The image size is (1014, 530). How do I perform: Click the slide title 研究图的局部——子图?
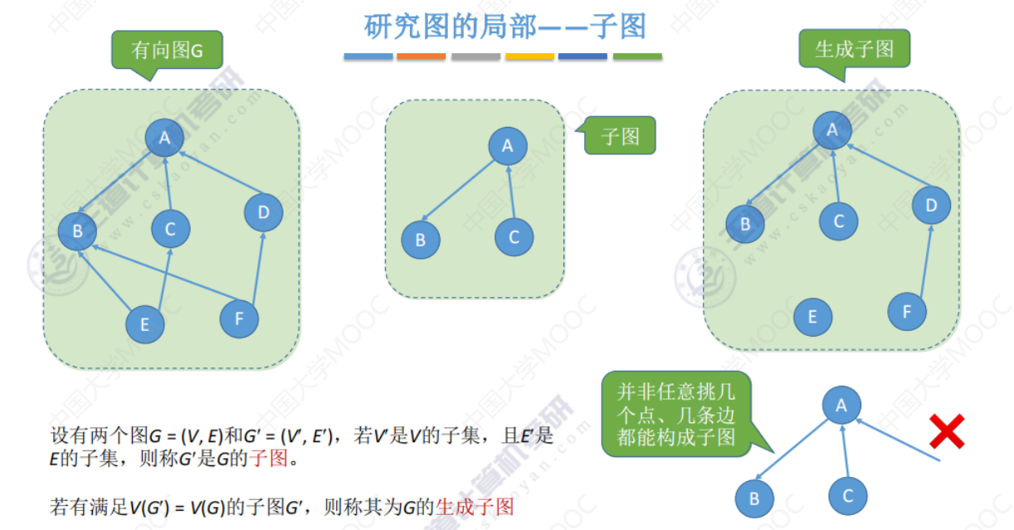(x=505, y=27)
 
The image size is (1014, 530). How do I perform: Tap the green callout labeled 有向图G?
(x=167, y=50)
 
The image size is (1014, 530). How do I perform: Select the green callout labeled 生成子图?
(x=854, y=49)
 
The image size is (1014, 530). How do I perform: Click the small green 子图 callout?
(x=619, y=135)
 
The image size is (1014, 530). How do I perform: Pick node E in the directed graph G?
(x=145, y=324)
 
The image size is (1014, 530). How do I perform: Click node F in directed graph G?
(x=239, y=318)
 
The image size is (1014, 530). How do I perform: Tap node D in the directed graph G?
(x=264, y=212)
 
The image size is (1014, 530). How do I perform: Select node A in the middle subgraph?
(x=508, y=146)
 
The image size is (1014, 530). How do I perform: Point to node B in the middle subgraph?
(x=421, y=240)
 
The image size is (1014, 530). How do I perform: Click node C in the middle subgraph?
(x=514, y=237)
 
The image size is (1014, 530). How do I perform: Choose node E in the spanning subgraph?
(x=812, y=317)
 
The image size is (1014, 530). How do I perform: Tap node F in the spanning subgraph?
(x=907, y=311)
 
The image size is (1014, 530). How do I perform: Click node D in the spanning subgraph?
(x=931, y=205)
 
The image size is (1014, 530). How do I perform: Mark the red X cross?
(x=947, y=431)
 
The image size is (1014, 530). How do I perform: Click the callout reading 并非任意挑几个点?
(x=676, y=414)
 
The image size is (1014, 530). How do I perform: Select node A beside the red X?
(x=841, y=405)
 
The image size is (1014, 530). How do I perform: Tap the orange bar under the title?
(x=421, y=56)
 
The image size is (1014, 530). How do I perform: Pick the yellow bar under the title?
(x=529, y=56)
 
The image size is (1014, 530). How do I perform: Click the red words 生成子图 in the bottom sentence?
(x=475, y=507)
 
